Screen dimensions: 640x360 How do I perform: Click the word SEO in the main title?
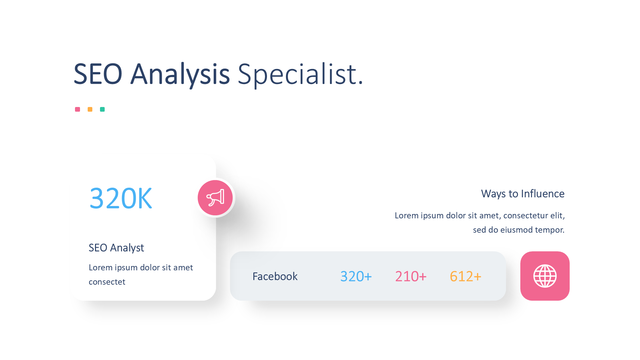pos(98,74)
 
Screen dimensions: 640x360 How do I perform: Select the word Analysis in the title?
pos(180,75)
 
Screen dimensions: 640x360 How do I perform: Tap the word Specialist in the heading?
pos(297,75)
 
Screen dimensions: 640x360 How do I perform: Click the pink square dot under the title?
pos(77,109)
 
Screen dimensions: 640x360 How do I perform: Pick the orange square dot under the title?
pos(90,109)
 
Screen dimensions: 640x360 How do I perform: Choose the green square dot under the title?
pos(102,109)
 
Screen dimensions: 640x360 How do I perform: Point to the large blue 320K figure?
pos(121,198)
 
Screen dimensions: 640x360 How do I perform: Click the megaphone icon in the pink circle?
pos(215,198)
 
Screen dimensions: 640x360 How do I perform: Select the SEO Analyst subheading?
pos(116,248)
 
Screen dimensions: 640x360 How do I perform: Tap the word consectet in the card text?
pos(107,282)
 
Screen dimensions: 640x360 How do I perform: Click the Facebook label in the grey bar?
pos(275,276)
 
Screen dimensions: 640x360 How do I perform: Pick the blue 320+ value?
pos(356,276)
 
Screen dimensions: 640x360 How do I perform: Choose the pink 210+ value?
pos(411,276)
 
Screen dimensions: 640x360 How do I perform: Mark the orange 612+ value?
pos(465,276)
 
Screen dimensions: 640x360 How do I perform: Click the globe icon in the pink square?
pos(545,276)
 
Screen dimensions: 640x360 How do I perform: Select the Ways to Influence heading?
pos(523,194)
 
